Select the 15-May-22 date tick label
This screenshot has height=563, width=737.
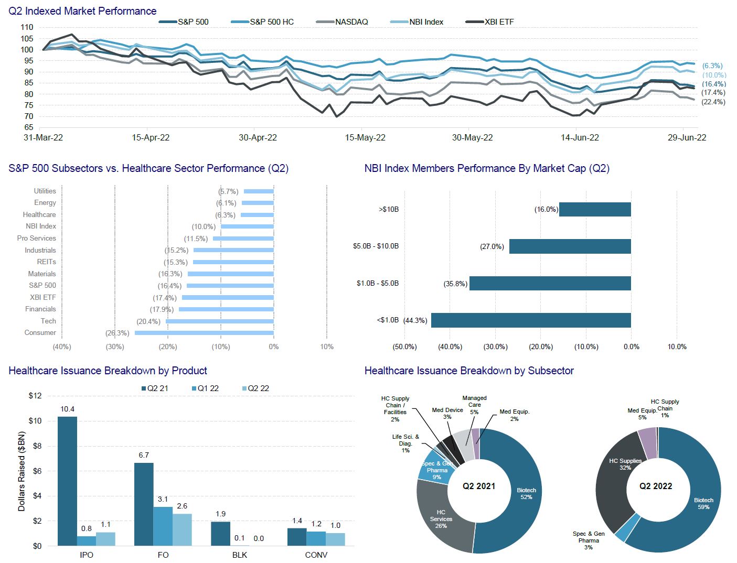365,138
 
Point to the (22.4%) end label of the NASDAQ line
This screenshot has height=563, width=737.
713,102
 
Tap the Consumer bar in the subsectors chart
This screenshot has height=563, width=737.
204,333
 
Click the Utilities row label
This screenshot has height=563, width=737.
45,191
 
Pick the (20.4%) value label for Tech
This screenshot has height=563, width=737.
148,321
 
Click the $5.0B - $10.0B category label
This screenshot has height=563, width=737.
376,246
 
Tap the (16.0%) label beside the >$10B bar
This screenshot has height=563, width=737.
546,210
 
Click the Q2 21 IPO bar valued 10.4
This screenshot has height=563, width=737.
67,481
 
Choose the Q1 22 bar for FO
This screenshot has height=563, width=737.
163,526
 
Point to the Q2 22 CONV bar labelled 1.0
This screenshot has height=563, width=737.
335,539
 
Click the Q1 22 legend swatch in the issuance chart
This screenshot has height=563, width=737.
194,388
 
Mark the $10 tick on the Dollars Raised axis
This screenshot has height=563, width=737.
35,421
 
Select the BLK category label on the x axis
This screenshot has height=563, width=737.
240,555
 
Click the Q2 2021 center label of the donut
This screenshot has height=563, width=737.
479,486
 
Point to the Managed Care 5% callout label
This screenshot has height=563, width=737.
474,405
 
